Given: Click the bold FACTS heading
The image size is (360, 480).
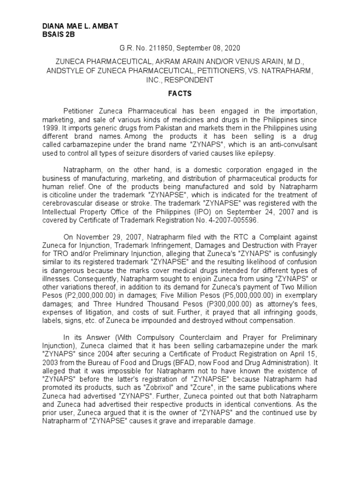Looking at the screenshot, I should tap(180, 93).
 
